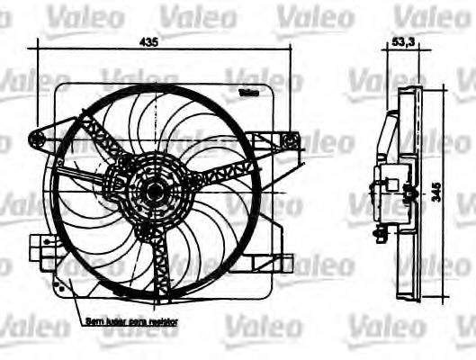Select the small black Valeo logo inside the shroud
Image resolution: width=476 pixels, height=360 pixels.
(x=249, y=92)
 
